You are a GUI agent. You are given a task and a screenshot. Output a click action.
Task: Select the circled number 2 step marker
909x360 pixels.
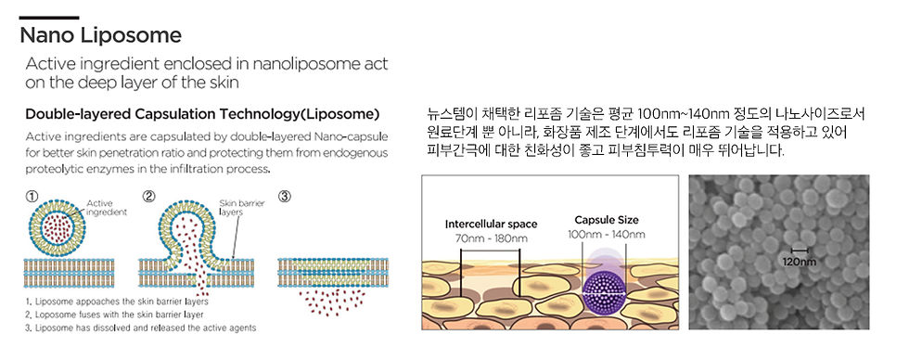[x=147, y=197]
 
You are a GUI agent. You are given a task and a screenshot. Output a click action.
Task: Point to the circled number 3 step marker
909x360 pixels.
[x=284, y=197]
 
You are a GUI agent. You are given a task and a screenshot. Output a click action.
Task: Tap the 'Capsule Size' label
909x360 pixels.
[x=607, y=220]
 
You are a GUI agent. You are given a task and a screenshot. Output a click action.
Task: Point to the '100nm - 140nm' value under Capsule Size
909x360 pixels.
[x=607, y=234]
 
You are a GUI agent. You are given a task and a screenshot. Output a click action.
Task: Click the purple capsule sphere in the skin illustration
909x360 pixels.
[x=607, y=283]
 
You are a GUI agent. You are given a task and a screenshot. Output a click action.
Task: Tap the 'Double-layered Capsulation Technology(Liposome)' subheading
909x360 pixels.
[x=202, y=114]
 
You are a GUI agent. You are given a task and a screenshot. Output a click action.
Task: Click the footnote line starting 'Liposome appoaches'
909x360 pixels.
[x=116, y=302]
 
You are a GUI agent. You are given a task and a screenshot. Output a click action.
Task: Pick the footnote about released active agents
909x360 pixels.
[x=140, y=328]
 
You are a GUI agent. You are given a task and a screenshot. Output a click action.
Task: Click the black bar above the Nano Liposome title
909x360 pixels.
[x=48, y=18]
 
